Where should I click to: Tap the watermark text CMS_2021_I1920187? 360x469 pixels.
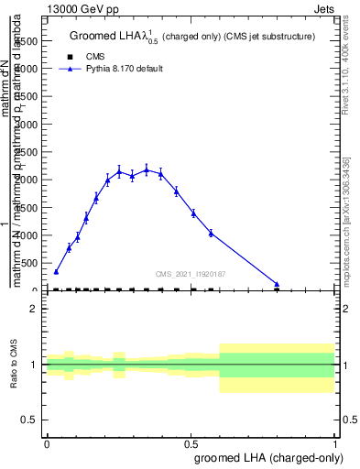click(x=191, y=274)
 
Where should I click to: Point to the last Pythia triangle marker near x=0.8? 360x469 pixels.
click(x=277, y=284)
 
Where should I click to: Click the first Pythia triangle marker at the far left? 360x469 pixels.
click(x=56, y=271)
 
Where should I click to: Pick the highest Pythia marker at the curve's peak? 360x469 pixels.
click(x=147, y=169)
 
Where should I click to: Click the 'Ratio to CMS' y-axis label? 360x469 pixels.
click(x=16, y=365)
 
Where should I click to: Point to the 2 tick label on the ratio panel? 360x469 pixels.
click(x=34, y=310)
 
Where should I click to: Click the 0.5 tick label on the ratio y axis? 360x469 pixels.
click(x=29, y=420)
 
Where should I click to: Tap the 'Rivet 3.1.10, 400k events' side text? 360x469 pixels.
click(x=351, y=64)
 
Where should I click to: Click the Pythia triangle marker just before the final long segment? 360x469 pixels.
click(x=212, y=233)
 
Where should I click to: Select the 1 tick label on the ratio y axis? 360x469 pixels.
click(x=34, y=365)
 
